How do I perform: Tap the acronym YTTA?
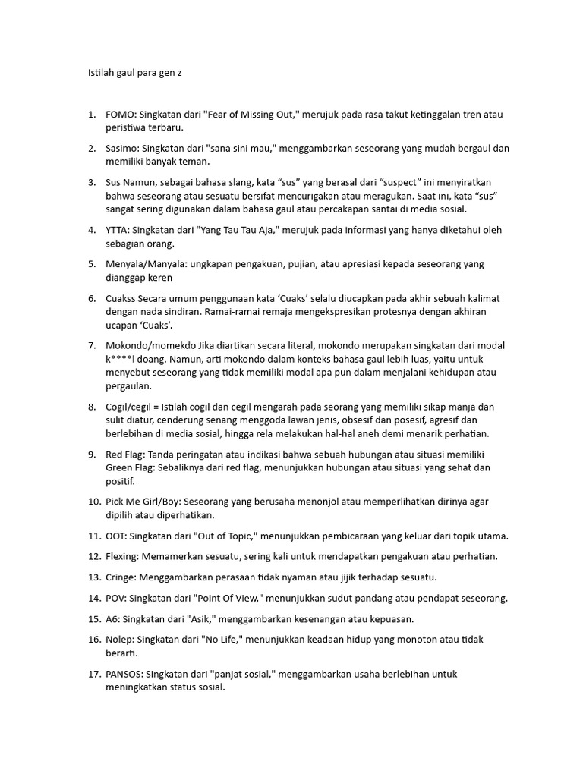coord(118,230)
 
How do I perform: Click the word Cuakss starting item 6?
coord(121,298)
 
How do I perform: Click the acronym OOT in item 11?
coord(116,536)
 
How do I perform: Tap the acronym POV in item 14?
coord(116,598)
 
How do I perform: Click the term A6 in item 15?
coord(112,618)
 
